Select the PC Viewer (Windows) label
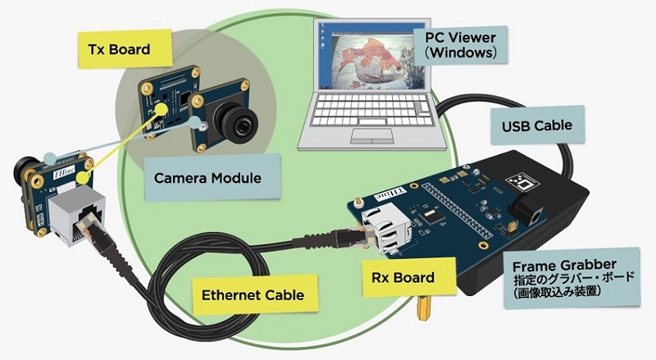click(461, 45)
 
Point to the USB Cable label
click(537, 125)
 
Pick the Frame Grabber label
click(572, 278)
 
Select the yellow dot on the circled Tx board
click(160, 109)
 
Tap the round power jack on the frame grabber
click(528, 212)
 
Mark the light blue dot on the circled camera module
click(194, 123)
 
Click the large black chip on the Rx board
click(430, 216)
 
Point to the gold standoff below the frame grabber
click(423, 308)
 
